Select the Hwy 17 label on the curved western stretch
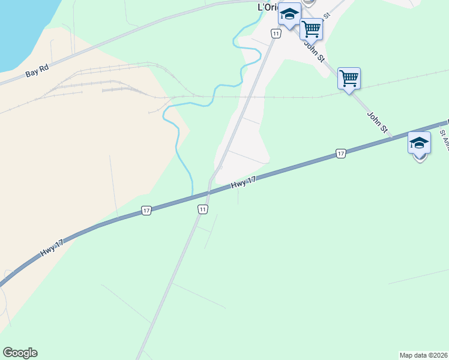52,248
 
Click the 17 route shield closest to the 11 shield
146,211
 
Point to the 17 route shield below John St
340,154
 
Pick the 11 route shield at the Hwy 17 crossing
203,209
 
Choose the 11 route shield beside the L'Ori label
275,34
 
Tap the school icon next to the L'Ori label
290,14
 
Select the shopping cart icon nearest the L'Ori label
311,29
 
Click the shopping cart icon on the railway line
349,79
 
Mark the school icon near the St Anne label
419,144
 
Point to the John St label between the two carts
313,51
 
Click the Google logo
20,353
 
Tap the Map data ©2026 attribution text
423,355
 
